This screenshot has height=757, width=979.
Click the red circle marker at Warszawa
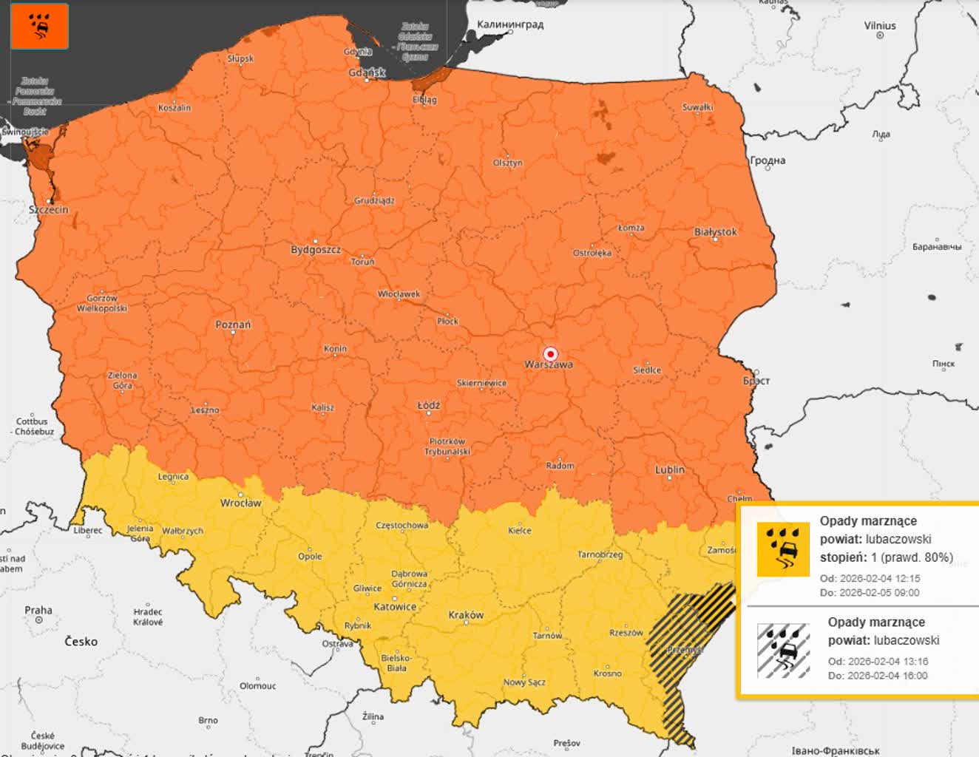(550, 353)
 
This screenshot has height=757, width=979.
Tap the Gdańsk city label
(367, 72)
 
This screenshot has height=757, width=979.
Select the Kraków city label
(466, 615)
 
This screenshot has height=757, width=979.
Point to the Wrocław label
(240, 503)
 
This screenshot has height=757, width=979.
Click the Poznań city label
(233, 325)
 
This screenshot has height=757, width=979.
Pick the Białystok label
(715, 232)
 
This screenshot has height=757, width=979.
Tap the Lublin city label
(669, 469)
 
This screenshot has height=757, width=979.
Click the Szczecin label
(49, 209)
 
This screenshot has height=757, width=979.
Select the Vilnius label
(880, 26)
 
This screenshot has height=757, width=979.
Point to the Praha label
(38, 610)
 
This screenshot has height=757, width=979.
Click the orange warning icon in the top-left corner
(40, 26)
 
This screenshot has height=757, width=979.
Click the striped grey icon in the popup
(783, 651)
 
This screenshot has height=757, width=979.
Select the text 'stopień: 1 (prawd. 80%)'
(886, 557)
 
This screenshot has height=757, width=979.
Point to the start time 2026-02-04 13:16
(887, 662)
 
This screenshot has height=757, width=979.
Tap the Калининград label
(510, 24)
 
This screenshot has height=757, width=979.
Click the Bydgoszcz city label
(316, 250)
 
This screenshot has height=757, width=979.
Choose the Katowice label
(395, 607)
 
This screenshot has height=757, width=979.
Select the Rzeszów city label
(626, 633)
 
